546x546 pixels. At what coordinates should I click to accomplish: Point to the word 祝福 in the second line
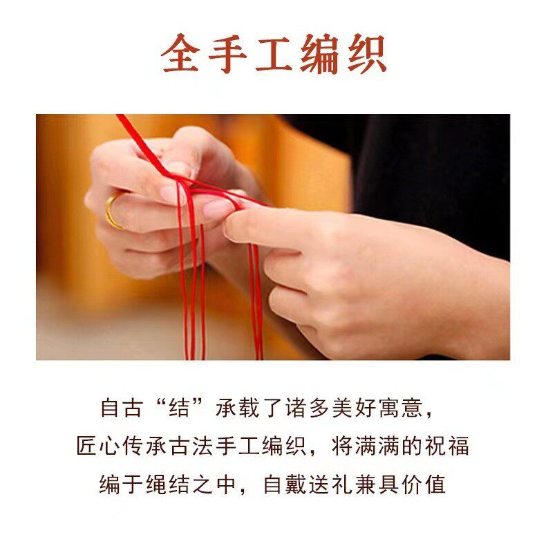click(x=447, y=446)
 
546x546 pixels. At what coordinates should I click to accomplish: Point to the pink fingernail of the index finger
click(x=220, y=209)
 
